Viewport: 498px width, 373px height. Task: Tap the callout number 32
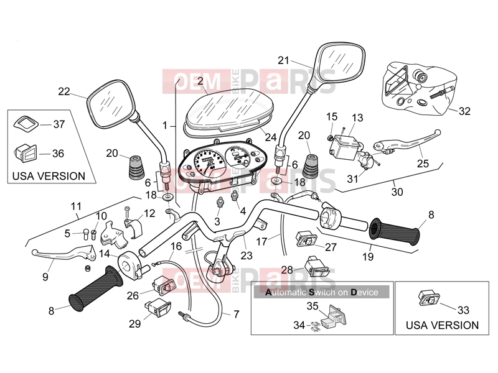pos(464,111)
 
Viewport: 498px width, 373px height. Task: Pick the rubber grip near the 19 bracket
pos(394,231)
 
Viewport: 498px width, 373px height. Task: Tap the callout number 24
pos(271,137)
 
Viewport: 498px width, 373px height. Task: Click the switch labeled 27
pos(306,239)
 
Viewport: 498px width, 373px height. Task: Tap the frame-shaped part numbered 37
pos(26,123)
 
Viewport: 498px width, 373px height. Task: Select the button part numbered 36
pos(26,153)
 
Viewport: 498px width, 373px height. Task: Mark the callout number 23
pos(247,256)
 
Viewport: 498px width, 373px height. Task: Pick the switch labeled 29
pos(158,308)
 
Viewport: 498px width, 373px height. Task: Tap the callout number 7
pos(236,315)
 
